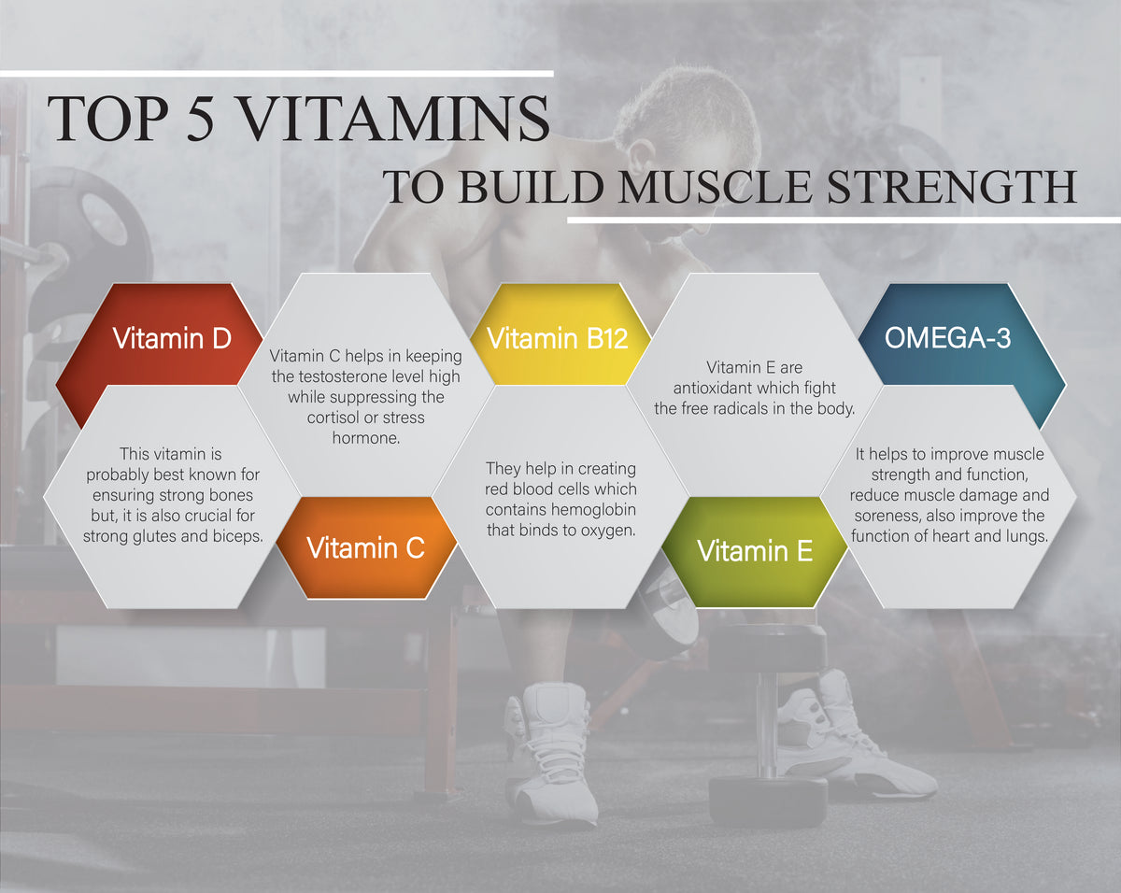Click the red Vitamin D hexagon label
[171, 338]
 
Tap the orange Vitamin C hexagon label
[365, 548]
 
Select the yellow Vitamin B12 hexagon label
[557, 338]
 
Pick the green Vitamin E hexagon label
[754, 550]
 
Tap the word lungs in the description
[1026, 536]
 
